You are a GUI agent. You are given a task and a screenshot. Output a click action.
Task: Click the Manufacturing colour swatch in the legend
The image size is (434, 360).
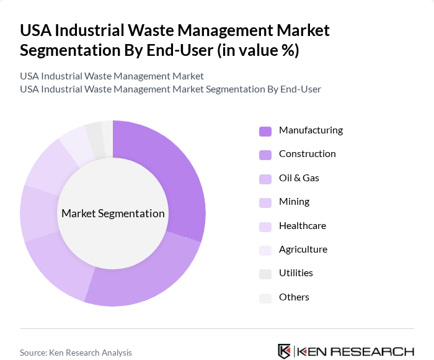point(265,131)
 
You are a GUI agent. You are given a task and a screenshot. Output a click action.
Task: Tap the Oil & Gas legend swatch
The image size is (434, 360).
point(265,179)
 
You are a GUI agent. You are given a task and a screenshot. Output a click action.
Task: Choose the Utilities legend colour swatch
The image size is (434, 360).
point(265,274)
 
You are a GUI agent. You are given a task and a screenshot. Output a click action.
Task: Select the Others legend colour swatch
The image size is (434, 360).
point(265,298)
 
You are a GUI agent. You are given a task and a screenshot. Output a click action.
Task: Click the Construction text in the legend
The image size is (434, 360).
point(307,154)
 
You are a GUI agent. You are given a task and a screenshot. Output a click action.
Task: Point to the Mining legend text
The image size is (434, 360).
point(294,202)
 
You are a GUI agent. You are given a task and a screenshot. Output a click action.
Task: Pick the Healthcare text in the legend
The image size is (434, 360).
point(302,226)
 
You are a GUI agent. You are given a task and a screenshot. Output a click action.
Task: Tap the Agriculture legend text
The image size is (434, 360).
point(303,250)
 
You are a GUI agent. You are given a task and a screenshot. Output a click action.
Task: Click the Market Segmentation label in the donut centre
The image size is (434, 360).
point(113,214)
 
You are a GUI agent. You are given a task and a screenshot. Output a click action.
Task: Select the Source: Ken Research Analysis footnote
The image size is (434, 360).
point(76,353)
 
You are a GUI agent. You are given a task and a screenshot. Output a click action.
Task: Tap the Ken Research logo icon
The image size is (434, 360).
point(285,351)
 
